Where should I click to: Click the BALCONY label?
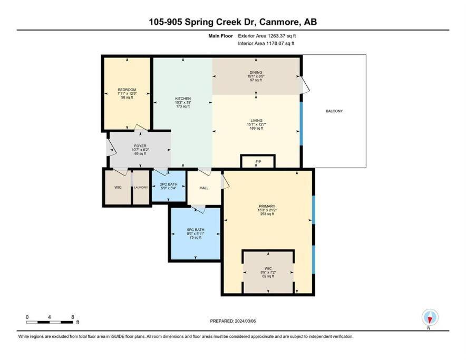pos(334,111)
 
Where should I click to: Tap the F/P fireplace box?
pos(258,161)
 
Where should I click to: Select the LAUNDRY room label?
pos(141,187)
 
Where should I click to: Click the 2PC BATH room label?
pos(169,184)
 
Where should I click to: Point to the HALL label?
pos(204,188)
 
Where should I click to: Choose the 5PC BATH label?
pos(195,230)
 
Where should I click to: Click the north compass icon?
pos(430,317)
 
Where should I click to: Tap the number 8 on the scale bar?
pos(73,317)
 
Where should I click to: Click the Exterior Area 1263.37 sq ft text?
pos(267,36)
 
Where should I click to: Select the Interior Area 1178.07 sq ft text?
pos(266,43)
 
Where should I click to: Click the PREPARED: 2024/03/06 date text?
pos(232,321)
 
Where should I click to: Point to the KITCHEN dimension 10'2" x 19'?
pos(183,103)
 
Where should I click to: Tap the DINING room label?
pos(256,72)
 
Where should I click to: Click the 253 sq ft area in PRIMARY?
pos(267,214)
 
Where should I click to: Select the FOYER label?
pos(140,146)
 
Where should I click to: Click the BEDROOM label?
pos(127,90)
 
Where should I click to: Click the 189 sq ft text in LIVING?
pos(256,129)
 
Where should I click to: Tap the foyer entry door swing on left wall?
pos(111,148)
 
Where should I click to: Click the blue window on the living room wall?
pos(301,124)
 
